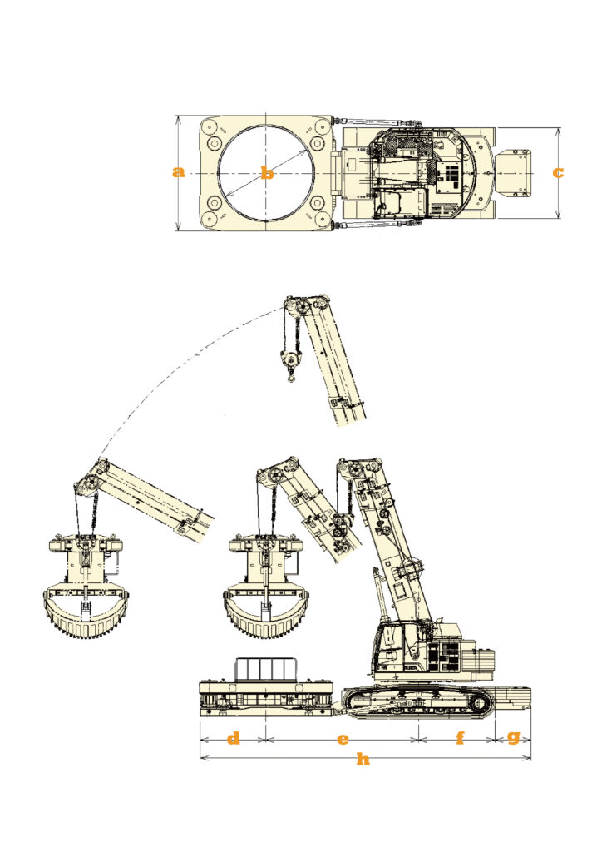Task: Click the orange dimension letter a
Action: (178, 173)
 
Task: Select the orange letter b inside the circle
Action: (267, 173)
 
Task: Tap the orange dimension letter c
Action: (558, 173)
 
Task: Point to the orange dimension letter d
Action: (233, 738)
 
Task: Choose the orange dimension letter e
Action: (343, 739)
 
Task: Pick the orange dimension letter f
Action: (461, 738)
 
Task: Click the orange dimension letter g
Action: (513, 738)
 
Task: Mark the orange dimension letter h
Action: (363, 759)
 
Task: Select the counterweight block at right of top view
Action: (514, 173)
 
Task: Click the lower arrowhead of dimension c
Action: (560, 215)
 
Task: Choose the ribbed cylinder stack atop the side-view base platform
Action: (266, 668)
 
